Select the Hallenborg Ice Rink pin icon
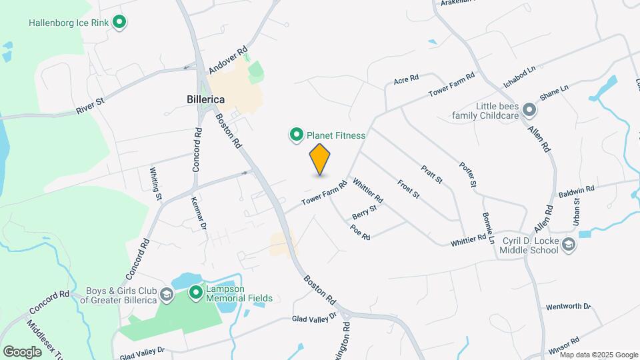click(119, 23)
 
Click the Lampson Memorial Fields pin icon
click(196, 293)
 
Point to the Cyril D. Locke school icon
click(568, 245)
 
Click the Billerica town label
click(205, 99)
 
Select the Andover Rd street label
click(228, 59)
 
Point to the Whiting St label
click(155, 183)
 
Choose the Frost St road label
click(408, 189)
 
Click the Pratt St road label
click(431, 175)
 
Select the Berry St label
click(365, 213)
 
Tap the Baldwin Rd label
click(576, 191)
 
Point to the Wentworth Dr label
click(568, 307)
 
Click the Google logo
click(22, 351)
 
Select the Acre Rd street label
click(405, 79)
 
